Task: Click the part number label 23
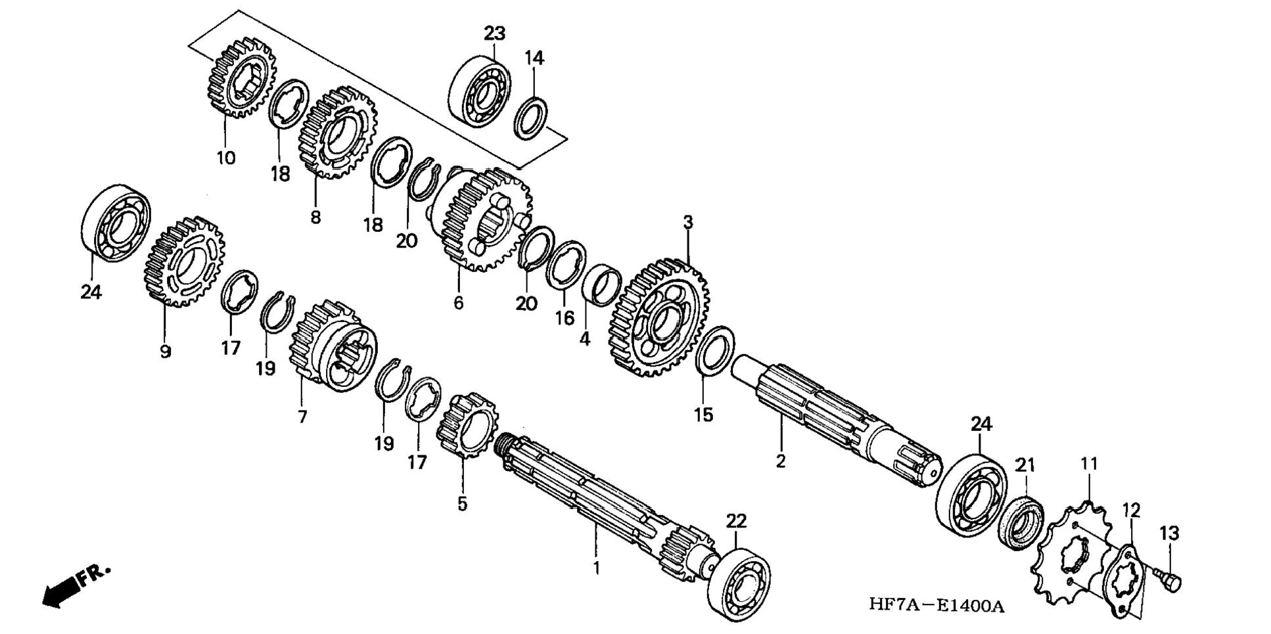[494, 33]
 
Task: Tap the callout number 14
[534, 58]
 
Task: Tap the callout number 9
[165, 351]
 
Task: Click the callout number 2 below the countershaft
[780, 461]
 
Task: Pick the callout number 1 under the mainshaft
[597, 568]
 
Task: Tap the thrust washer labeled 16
[565, 265]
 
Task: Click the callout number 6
[458, 303]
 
